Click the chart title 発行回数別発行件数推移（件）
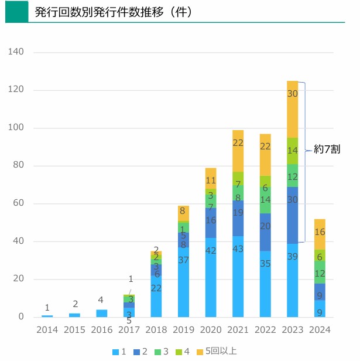click(114, 12)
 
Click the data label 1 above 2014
click(47, 308)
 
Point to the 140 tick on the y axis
click(16, 52)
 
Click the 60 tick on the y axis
click(18, 203)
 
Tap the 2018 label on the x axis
click(156, 330)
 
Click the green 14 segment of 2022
click(265, 200)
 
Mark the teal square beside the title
click(16, 12)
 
